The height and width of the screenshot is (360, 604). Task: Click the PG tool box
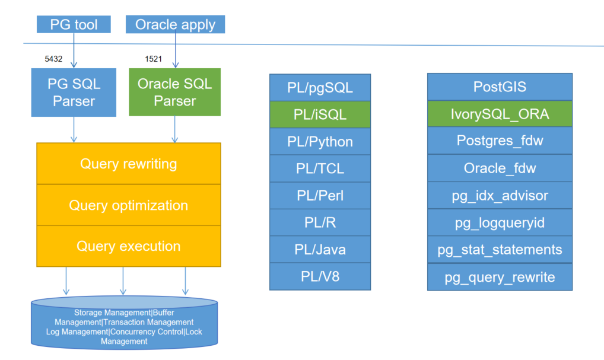[x=74, y=25]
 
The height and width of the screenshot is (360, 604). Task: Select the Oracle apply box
[x=176, y=25]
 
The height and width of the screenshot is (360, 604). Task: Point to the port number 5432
[x=53, y=59]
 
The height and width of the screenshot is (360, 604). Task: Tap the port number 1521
[x=153, y=59]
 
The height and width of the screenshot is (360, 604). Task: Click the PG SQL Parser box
[x=74, y=92]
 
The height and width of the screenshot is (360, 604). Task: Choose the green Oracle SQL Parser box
[x=175, y=92]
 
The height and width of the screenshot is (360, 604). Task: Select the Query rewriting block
[x=129, y=164]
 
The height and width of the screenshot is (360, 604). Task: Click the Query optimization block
[x=129, y=205]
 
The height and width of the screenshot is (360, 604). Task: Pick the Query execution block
[x=129, y=246]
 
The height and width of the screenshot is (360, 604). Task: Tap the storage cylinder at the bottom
[x=124, y=326]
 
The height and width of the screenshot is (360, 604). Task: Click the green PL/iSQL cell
[x=320, y=115]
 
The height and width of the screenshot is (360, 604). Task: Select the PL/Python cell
[x=320, y=142]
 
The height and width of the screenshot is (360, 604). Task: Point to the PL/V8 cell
[x=320, y=276]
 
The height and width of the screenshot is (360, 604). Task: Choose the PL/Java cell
[x=320, y=250]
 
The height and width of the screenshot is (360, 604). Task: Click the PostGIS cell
[x=500, y=87]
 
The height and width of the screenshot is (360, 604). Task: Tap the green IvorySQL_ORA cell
[x=500, y=114]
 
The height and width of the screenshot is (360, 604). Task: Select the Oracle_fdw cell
[x=500, y=168]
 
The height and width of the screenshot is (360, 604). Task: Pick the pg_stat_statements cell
[x=500, y=250]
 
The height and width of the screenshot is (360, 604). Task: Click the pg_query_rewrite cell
[x=500, y=277]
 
